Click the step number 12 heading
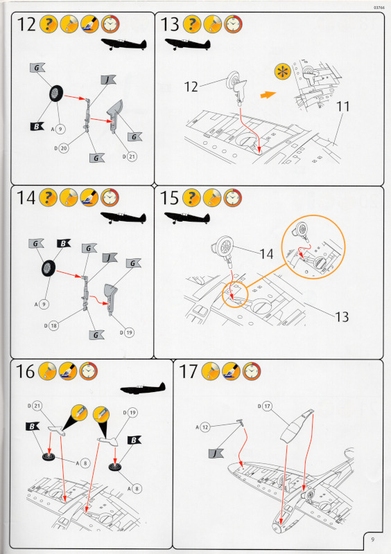click(x=26, y=24)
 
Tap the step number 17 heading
click(x=188, y=371)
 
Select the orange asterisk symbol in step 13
click(x=282, y=72)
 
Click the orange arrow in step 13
click(x=268, y=95)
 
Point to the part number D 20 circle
click(x=64, y=148)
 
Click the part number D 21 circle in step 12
click(x=131, y=157)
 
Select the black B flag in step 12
click(x=37, y=126)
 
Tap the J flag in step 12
click(x=108, y=80)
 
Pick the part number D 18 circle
click(x=53, y=325)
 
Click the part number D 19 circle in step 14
click(x=129, y=332)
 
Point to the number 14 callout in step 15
click(x=266, y=253)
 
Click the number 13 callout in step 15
click(x=342, y=317)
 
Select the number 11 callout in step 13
click(x=342, y=107)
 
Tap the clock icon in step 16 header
click(x=88, y=371)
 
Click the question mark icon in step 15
click(x=191, y=198)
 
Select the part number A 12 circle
click(x=205, y=427)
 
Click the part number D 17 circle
click(x=267, y=406)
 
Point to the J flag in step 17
click(x=216, y=454)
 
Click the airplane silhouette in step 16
click(x=143, y=388)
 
